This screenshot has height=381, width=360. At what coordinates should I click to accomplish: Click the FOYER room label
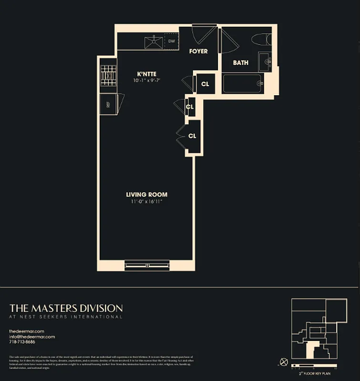coord(198,51)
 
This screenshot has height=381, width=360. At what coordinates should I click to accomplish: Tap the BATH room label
coord(240,62)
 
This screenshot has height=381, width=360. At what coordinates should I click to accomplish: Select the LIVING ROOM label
coord(146,194)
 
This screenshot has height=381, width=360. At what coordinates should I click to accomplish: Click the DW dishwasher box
coord(172,41)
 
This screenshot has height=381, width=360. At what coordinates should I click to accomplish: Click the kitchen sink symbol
coord(154,41)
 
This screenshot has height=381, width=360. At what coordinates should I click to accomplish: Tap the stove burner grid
coord(108,75)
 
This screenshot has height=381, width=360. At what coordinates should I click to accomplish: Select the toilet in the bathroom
coord(261,39)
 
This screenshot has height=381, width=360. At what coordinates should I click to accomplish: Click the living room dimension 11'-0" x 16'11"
coord(146,201)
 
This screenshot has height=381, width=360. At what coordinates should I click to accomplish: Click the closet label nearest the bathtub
coord(205,84)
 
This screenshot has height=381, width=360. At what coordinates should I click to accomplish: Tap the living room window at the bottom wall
coord(147,265)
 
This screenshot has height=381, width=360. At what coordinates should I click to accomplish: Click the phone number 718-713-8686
coord(22,342)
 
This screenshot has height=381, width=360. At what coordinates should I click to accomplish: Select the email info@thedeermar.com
coord(32,337)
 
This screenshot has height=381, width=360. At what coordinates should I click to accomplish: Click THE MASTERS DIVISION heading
coord(66,308)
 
